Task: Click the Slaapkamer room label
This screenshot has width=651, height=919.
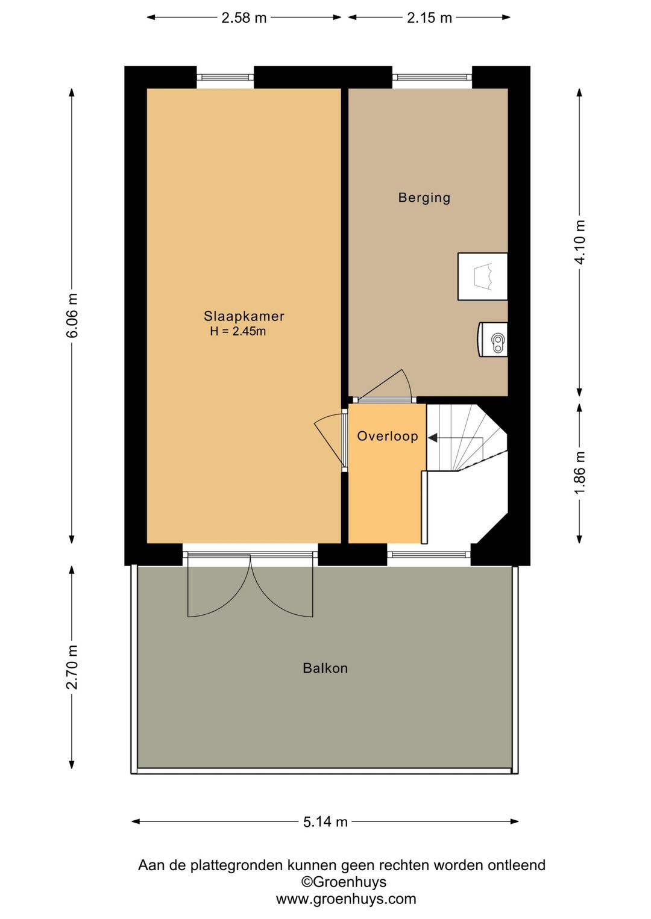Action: [x=244, y=316]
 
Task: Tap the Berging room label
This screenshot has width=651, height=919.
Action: [x=424, y=198]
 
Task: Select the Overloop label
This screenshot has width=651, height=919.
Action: [x=388, y=435]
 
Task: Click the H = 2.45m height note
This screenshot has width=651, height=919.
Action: [x=238, y=331]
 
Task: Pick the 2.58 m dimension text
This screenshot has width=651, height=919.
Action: [x=244, y=17]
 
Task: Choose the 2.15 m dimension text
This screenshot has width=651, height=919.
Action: [x=429, y=17]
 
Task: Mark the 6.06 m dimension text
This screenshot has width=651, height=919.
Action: [x=72, y=315]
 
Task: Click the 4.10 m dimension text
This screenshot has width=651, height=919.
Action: [x=579, y=243]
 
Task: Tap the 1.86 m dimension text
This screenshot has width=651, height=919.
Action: [x=579, y=473]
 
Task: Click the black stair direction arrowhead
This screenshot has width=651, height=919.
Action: [x=433, y=438]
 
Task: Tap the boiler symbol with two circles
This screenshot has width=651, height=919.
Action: [x=493, y=340]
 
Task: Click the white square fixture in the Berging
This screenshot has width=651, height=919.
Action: [x=483, y=276]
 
